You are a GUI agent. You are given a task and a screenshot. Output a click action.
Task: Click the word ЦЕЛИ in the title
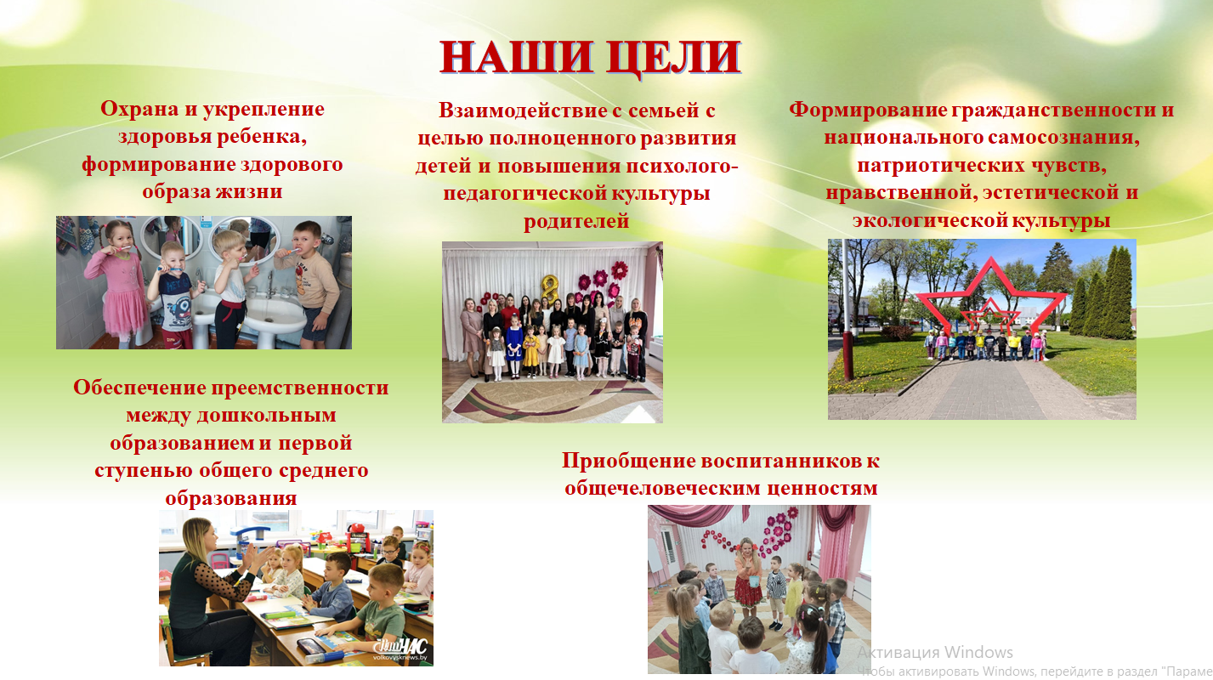click(673, 59)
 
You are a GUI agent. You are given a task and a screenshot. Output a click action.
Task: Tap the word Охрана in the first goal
click(139, 110)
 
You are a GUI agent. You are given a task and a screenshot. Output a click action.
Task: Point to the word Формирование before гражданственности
click(868, 110)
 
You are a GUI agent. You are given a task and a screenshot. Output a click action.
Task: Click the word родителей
click(576, 222)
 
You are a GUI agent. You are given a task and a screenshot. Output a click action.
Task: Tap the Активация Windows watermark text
click(935, 653)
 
